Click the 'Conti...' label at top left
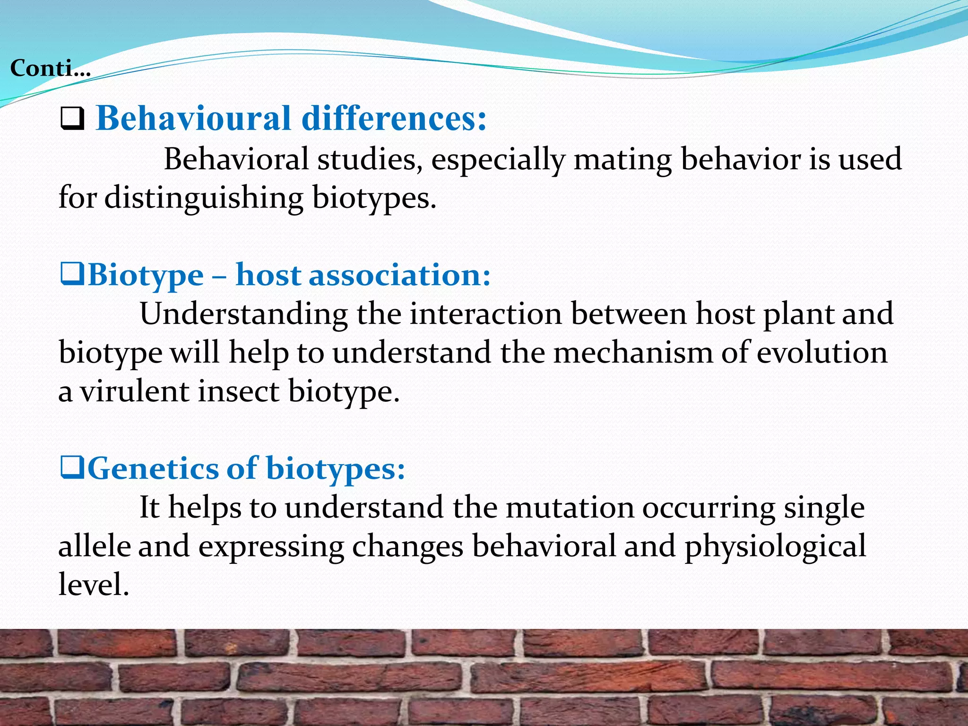pyautogui.click(x=50, y=69)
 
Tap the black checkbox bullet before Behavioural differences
pyautogui.click(x=72, y=119)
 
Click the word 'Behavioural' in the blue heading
pyautogui.click(x=193, y=118)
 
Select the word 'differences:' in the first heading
pyautogui.click(x=394, y=118)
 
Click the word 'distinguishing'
pyautogui.click(x=203, y=198)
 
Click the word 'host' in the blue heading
pyautogui.click(x=268, y=275)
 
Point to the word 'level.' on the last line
pyautogui.click(x=94, y=585)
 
